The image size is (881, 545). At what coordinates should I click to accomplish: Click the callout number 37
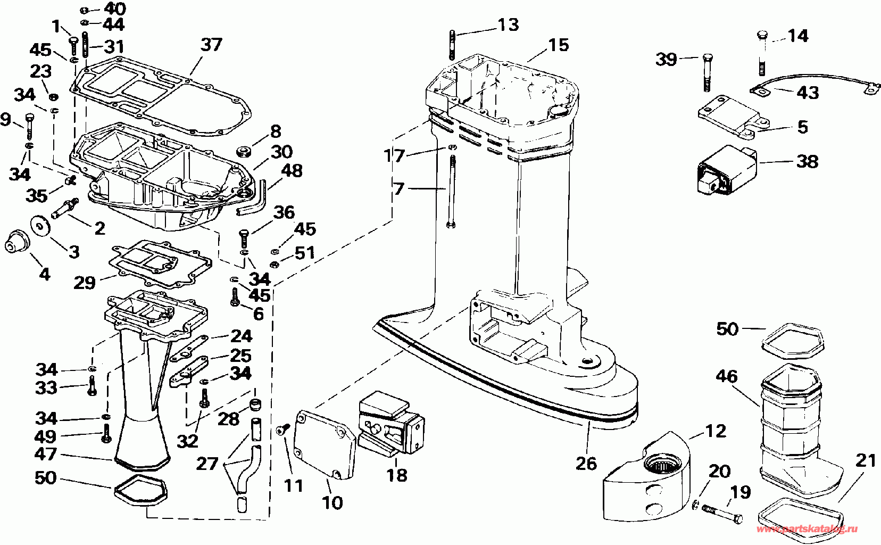[212, 45]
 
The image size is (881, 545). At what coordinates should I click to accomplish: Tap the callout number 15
[559, 45]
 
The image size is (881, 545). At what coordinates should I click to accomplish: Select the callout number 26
[586, 464]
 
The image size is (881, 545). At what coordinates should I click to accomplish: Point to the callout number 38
[808, 161]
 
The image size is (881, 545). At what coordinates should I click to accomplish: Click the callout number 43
[808, 93]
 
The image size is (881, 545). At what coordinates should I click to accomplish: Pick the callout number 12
[716, 431]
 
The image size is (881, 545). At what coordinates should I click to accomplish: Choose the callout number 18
[397, 475]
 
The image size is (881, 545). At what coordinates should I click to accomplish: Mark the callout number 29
[85, 283]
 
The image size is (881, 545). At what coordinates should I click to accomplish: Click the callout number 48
[292, 171]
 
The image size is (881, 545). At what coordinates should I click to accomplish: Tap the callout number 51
[305, 253]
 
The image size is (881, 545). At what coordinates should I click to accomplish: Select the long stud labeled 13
[452, 45]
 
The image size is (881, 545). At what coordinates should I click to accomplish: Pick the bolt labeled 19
[722, 514]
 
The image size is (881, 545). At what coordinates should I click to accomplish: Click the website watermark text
[807, 529]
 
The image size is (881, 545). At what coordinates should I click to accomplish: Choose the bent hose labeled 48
[252, 199]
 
